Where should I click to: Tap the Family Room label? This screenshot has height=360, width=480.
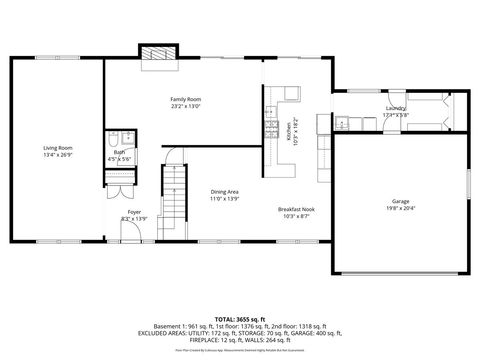tap(186, 99)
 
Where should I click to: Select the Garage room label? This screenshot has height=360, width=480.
tap(400, 202)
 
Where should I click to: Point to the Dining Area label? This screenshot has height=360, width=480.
tap(224, 192)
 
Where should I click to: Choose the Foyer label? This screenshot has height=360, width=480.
tap(133, 211)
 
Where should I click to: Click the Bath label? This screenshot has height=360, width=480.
tap(119, 152)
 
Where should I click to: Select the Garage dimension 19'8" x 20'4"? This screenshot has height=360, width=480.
tap(400, 209)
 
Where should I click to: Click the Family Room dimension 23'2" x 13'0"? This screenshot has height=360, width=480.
tap(186, 106)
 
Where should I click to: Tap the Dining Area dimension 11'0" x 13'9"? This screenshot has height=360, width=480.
tap(224, 199)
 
